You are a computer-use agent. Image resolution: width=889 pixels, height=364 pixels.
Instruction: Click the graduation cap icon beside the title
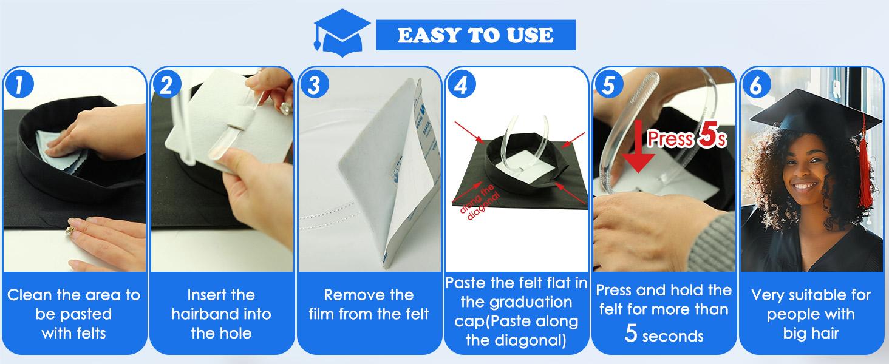[342, 34]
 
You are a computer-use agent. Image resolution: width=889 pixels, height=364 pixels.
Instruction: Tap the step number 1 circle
[18, 84]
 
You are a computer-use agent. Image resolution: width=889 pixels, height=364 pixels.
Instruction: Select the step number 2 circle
[166, 84]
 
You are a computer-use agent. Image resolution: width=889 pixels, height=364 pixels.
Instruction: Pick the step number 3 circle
[315, 84]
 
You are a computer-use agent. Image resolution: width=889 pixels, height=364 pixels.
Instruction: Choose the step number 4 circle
[461, 84]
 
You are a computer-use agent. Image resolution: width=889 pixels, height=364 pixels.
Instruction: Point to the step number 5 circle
[609, 84]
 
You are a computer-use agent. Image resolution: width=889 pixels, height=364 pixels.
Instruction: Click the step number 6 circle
[756, 84]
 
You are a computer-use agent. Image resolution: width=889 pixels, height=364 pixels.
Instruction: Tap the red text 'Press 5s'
[687, 136]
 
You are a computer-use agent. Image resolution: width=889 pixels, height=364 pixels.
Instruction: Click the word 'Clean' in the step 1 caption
[30, 295]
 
